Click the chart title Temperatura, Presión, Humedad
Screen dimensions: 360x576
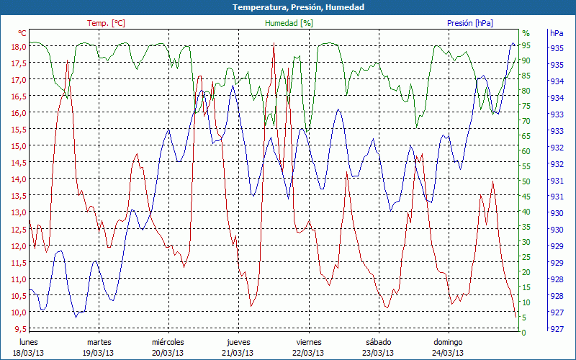coord(288,7)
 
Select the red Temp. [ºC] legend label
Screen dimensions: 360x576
coord(106,23)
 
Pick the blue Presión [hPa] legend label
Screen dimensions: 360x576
coord(470,23)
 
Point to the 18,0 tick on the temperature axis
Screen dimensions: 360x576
coord(18,47)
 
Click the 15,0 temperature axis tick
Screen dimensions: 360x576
coord(18,146)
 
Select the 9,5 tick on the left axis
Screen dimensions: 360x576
coord(19,329)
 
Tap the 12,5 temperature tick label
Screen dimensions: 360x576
coord(18,229)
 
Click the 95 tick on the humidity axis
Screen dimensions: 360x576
coord(526,46)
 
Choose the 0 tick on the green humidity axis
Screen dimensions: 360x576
coord(524,333)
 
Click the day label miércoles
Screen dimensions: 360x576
coord(168,342)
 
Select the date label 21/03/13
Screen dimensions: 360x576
coord(238,353)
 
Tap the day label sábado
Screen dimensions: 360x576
coord(378,342)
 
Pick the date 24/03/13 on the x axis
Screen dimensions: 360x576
coord(448,353)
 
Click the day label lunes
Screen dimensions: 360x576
coord(28,342)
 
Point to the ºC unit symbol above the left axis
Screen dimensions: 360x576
coord(22,33)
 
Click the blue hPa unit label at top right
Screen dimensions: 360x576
coord(557,33)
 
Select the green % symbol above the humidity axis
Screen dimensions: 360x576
coord(526,33)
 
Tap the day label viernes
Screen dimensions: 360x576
coord(308,342)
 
